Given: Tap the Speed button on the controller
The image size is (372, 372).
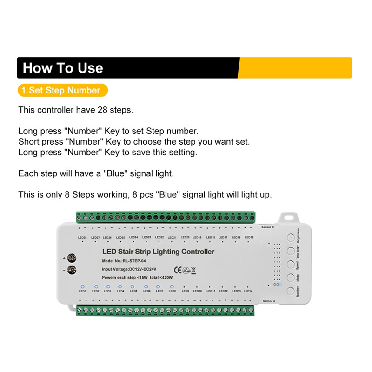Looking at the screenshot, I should [x=291, y=265].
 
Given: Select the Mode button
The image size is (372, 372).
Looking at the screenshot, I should [x=291, y=278].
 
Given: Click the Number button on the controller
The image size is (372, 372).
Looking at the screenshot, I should [x=291, y=291].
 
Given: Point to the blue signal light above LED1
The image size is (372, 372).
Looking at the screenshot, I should [x=82, y=286].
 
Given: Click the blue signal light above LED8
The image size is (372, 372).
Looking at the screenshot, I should [x=172, y=286].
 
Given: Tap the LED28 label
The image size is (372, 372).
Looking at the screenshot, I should [x=82, y=237].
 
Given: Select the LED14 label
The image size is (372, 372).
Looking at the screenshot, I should [x=248, y=291].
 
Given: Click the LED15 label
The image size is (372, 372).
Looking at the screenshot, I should [x=249, y=237].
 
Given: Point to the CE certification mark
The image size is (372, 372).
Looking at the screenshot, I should [x=177, y=269].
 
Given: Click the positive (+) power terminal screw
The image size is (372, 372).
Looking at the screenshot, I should [x=72, y=258].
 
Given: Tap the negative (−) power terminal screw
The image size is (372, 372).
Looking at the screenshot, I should [x=72, y=269].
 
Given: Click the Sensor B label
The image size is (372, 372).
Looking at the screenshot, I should [x=268, y=227].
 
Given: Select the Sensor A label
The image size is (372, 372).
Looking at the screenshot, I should [x=268, y=301].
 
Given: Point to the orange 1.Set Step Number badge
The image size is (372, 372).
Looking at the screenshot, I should [x=63, y=90].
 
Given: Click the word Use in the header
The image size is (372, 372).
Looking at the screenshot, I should [x=88, y=68].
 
